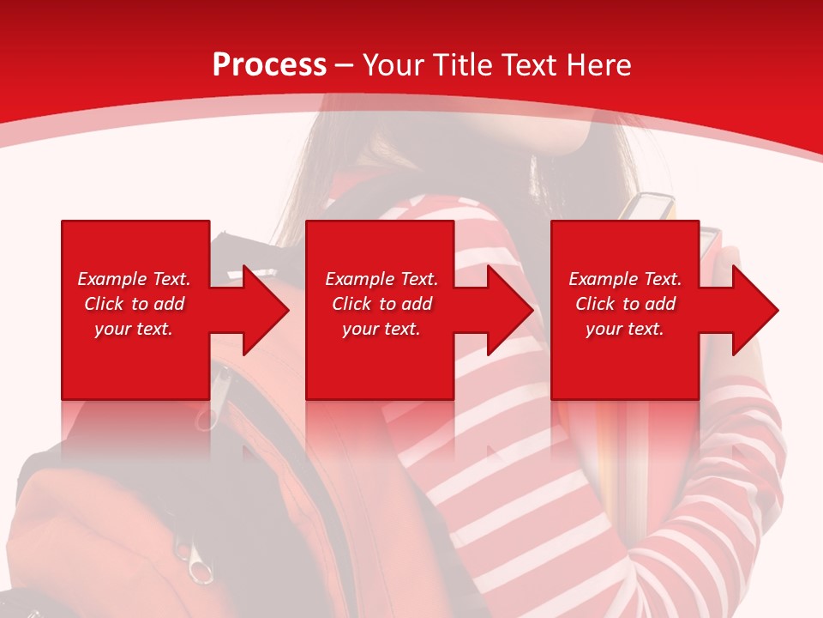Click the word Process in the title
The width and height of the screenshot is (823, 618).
[269, 64]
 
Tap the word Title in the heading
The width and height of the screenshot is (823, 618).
[461, 64]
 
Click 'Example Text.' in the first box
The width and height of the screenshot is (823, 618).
[134, 279]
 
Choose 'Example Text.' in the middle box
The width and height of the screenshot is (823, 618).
[381, 279]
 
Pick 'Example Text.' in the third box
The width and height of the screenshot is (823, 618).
[625, 279]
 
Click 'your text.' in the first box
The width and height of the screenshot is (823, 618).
[134, 329]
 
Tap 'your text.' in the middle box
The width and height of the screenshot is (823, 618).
[381, 329]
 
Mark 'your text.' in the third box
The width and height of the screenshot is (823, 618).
[625, 329]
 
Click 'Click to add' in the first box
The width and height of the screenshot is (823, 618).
[134, 304]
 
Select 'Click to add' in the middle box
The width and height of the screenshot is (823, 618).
[381, 304]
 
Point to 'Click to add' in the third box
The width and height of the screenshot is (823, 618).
[625, 304]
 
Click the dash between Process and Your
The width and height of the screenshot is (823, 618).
[345, 65]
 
